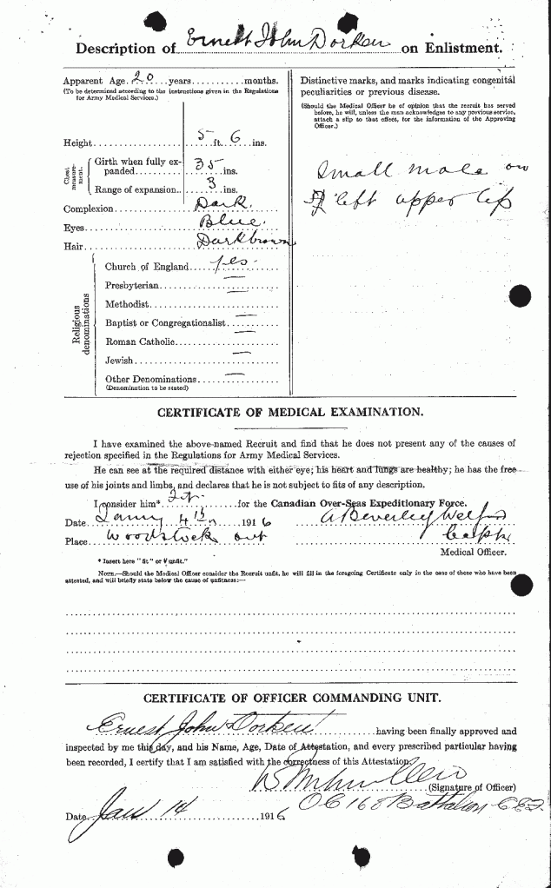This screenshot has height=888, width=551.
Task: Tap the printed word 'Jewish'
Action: (x=121, y=360)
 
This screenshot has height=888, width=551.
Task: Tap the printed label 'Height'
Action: (x=76, y=142)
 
